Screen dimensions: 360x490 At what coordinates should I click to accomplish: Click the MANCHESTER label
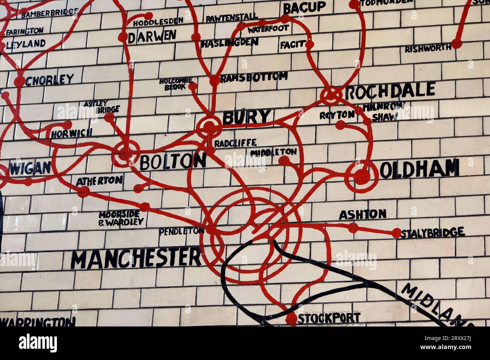tap(136, 258)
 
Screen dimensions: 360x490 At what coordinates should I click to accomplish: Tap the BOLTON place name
tap(173, 162)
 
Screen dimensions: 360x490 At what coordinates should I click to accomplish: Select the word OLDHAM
tap(419, 169)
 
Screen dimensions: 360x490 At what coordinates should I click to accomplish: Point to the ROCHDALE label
tap(390, 91)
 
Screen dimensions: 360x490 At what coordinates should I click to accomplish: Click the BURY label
tap(247, 117)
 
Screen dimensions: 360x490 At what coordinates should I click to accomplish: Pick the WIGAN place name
tap(30, 168)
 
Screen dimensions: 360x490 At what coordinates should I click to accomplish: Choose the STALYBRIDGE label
tap(432, 233)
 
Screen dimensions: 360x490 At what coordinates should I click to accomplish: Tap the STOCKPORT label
tap(329, 318)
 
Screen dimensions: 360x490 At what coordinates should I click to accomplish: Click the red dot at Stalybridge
tap(396, 233)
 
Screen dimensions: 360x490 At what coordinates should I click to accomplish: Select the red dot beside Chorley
tap(19, 81)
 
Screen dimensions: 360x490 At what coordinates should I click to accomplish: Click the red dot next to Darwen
tap(123, 37)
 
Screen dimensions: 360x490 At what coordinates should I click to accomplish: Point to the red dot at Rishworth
tap(456, 44)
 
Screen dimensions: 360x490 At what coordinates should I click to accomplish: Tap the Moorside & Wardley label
tap(121, 218)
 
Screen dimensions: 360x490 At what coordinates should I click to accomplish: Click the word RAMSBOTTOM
tap(254, 78)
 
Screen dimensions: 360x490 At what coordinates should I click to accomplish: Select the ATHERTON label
tap(99, 181)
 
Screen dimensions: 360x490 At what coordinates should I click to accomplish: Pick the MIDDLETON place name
tap(273, 152)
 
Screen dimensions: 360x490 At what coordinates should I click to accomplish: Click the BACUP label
tap(304, 8)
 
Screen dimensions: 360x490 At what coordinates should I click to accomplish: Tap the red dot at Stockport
tap(291, 319)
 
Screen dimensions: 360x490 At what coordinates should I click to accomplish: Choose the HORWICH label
tap(72, 133)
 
